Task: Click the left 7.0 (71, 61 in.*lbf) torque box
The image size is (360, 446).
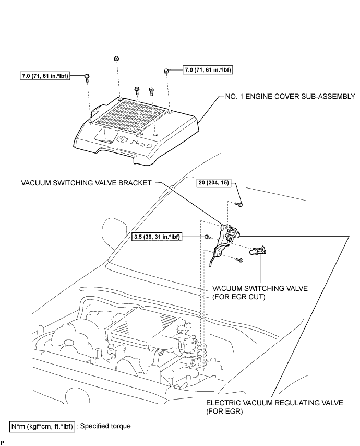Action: (x=45, y=76)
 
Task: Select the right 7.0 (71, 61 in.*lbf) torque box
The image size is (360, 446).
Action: (x=208, y=69)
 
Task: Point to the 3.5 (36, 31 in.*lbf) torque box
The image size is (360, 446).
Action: (x=157, y=237)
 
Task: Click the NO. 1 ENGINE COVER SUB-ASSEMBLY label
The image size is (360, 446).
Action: (x=290, y=97)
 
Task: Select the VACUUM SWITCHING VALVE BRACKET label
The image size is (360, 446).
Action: (x=86, y=183)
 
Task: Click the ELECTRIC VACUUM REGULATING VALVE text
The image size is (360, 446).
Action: (x=274, y=403)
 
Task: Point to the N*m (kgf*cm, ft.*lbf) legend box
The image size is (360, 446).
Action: (x=42, y=426)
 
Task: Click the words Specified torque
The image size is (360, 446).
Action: (x=105, y=426)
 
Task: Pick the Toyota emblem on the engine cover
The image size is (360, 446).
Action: (x=122, y=138)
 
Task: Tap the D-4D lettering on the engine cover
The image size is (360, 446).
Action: (x=142, y=144)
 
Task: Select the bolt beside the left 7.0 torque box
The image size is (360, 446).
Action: (x=87, y=77)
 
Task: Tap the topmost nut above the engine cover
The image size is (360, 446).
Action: (x=116, y=58)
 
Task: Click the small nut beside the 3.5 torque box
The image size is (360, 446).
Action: (x=207, y=237)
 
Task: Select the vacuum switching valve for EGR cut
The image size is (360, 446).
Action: (x=258, y=251)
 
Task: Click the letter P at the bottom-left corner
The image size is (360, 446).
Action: (x=3, y=442)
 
